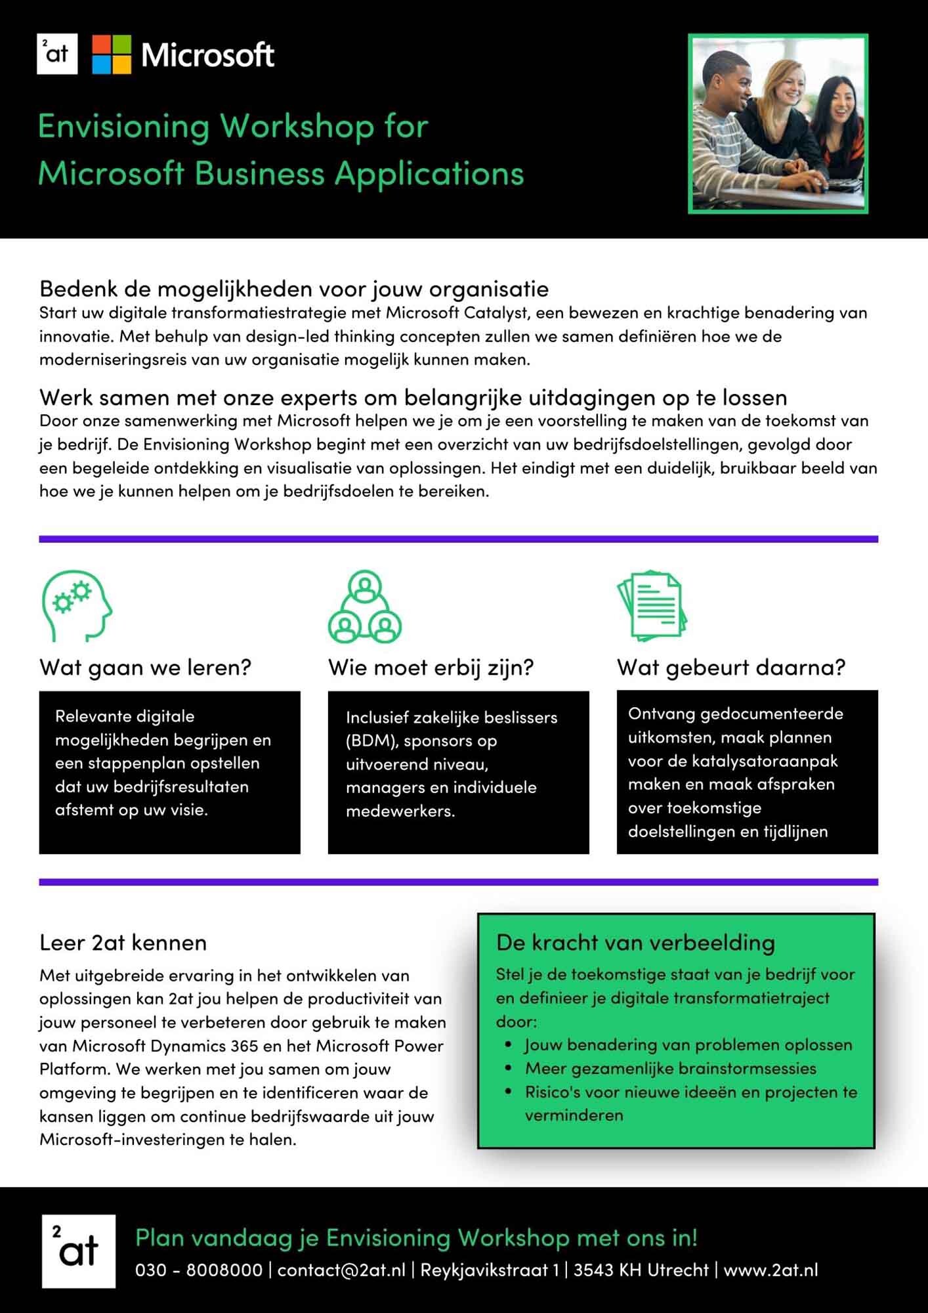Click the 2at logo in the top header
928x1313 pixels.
tap(57, 54)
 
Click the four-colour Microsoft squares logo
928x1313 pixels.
tap(112, 54)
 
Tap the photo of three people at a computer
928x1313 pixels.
tap(778, 123)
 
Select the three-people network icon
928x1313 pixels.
tap(365, 607)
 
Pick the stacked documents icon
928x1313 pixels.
tap(652, 605)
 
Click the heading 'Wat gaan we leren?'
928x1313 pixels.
tap(145, 667)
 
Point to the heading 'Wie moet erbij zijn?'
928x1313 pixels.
tap(431, 667)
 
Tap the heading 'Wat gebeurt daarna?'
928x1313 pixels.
tap(731, 667)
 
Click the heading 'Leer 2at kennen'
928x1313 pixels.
tap(123, 943)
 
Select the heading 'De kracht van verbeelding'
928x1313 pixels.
tap(635, 943)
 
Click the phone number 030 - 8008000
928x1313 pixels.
tap(199, 1270)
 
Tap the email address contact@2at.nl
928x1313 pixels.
tap(341, 1270)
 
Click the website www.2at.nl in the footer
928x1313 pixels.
tap(770, 1270)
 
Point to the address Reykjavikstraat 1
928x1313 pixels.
tap(490, 1270)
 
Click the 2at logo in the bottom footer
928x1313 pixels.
tap(79, 1251)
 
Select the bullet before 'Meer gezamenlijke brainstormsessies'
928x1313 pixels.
tap(509, 1068)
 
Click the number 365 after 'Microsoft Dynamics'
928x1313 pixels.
tap(245, 1046)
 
